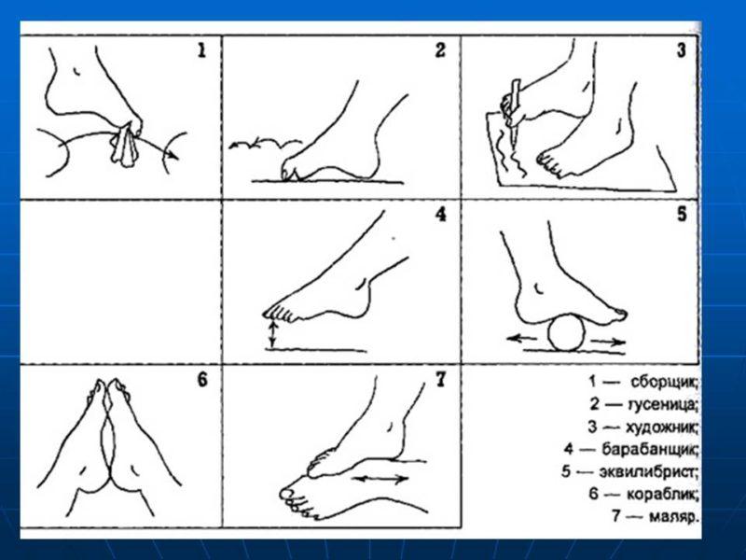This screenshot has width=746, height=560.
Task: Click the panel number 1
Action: click(x=202, y=50)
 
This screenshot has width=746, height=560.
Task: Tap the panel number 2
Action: click(x=440, y=50)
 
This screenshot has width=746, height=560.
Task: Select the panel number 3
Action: click(x=682, y=50)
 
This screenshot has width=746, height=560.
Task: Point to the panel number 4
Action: click(x=441, y=215)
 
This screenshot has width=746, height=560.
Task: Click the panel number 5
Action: click(x=682, y=215)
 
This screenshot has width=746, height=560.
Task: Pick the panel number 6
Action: click(x=202, y=380)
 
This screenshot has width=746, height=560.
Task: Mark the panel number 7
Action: click(x=441, y=380)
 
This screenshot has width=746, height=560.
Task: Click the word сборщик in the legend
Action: click(x=665, y=383)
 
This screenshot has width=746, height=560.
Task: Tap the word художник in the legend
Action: click(x=662, y=427)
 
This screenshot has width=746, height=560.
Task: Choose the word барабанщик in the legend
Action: click(x=650, y=450)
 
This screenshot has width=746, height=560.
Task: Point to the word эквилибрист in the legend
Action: click(x=648, y=472)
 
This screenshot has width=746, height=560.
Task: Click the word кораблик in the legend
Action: click(x=663, y=495)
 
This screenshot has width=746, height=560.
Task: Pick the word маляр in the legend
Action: click(x=673, y=517)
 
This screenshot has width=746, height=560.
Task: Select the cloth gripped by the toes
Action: click(x=126, y=146)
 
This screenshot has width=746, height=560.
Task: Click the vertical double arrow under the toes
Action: click(x=272, y=333)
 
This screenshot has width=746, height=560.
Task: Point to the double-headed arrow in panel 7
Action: click(x=381, y=479)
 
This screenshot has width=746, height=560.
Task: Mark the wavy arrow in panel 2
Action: click(x=266, y=142)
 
